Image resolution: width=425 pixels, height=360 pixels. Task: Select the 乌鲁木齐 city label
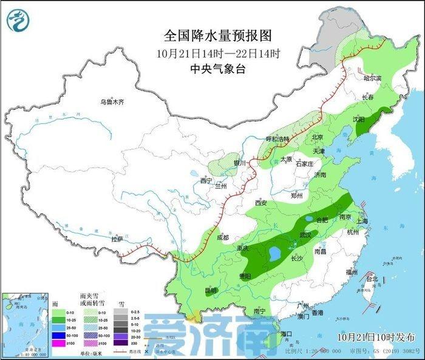112,102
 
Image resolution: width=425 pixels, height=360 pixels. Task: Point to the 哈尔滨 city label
372,78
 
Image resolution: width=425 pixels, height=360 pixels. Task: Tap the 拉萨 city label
118,239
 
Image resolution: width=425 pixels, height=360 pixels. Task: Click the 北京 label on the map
316,137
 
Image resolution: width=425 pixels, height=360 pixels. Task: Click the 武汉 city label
305,234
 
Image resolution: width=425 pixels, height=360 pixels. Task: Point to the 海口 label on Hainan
285,333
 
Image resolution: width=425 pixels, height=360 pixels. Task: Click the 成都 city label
222,237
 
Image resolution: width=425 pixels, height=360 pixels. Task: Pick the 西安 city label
261,203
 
